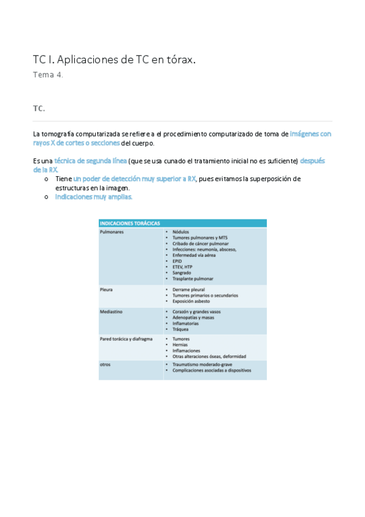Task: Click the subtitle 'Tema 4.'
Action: point(48,76)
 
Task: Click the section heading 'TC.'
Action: point(39,109)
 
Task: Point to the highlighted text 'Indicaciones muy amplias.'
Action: point(94,197)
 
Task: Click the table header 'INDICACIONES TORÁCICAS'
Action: point(126,224)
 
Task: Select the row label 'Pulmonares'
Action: point(112,232)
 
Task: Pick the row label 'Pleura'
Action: point(106,290)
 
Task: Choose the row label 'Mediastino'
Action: point(111,312)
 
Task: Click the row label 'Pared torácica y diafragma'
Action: point(126,338)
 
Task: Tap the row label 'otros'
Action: point(105,365)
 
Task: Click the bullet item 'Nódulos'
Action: point(181,232)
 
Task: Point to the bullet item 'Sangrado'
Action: point(182,273)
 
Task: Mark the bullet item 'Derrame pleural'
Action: point(188,290)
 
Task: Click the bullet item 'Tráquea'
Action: point(181,329)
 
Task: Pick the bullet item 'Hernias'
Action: point(181,345)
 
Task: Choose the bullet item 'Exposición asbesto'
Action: point(192,301)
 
